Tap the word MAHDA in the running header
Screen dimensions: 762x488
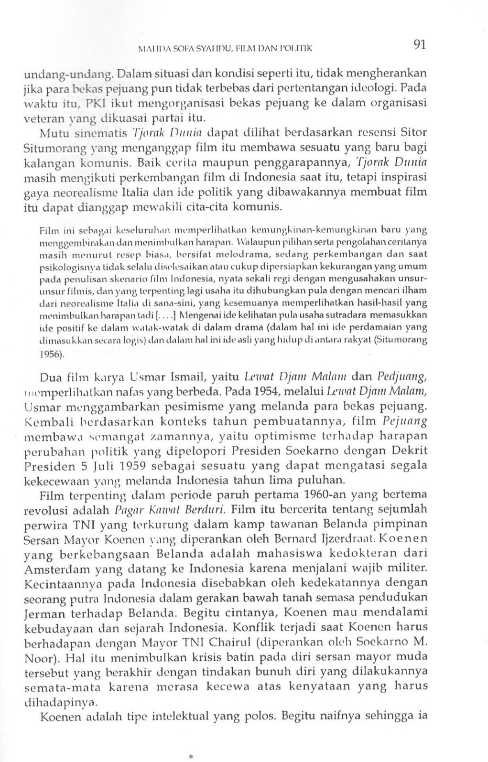coord(150,48)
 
